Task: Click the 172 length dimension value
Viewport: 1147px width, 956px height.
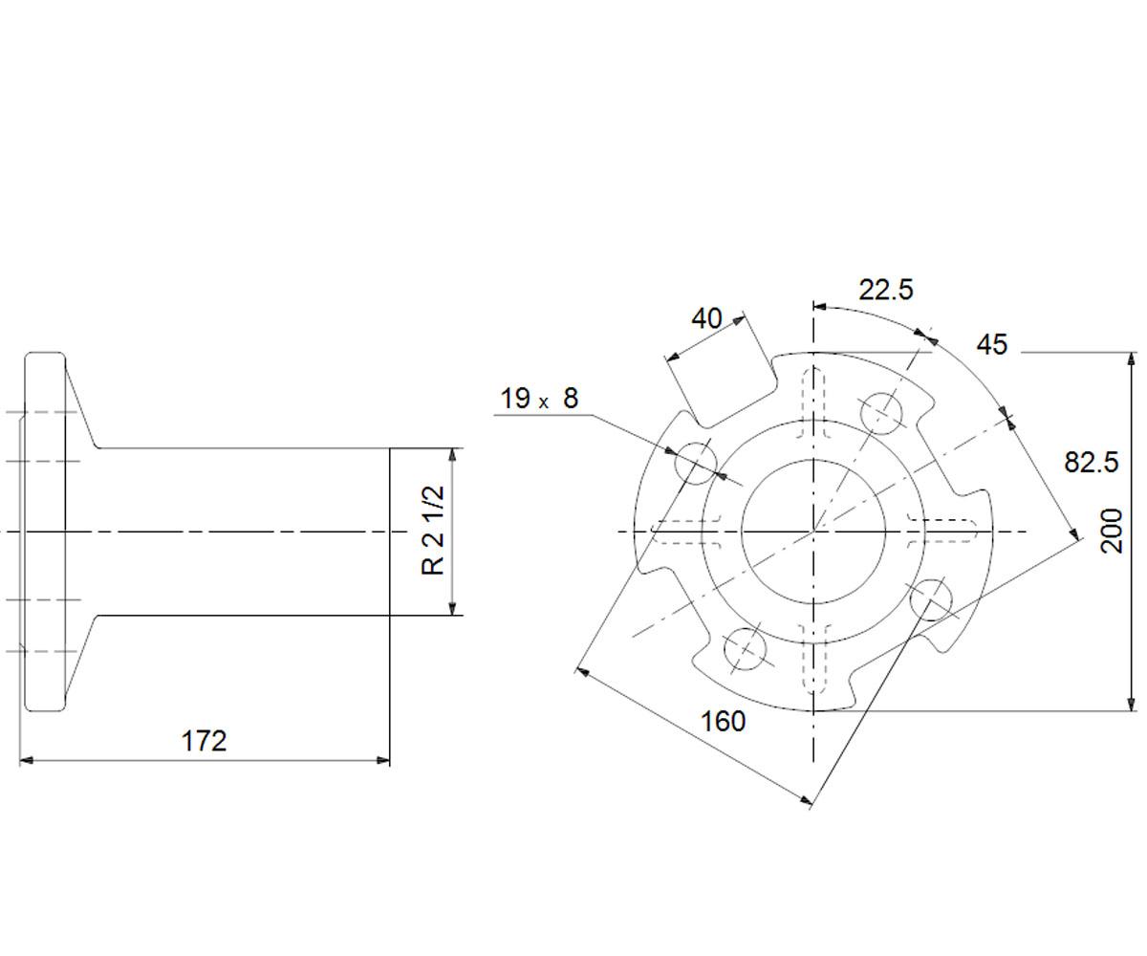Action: click(204, 741)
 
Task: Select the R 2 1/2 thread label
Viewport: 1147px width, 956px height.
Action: click(433, 531)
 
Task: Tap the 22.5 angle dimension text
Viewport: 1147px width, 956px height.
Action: click(886, 290)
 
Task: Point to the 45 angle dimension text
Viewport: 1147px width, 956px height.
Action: click(992, 345)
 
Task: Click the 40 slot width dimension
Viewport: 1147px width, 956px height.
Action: click(707, 318)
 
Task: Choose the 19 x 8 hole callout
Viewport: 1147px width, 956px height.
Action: click(539, 398)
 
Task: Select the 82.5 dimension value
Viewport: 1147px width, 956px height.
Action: click(1091, 462)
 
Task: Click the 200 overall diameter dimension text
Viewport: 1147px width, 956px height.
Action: click(1112, 531)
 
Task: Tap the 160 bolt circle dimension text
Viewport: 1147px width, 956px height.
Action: click(723, 721)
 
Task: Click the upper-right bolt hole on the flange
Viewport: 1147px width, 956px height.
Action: click(882, 413)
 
